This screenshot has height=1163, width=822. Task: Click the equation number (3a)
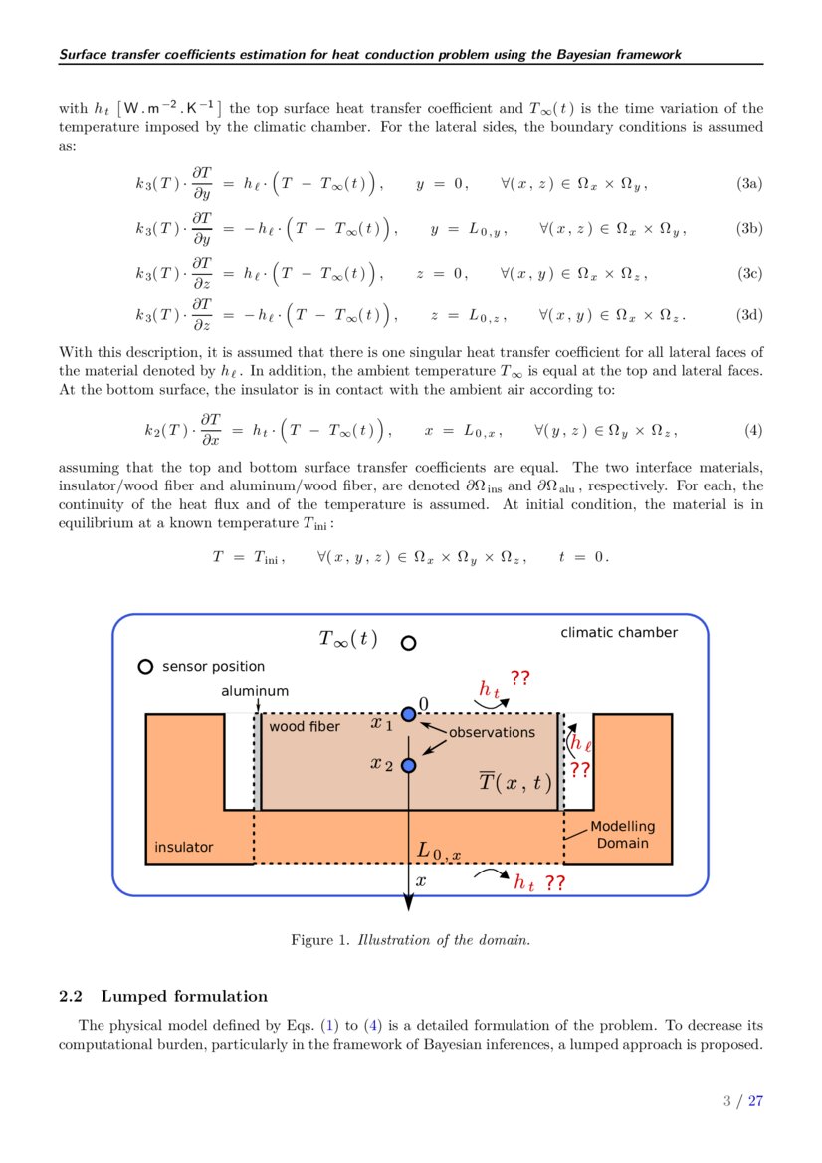pos(749,184)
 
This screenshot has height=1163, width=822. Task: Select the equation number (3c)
pos(749,273)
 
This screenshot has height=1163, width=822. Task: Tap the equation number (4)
pos(753,431)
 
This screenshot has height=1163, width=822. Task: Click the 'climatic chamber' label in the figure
pos(618,633)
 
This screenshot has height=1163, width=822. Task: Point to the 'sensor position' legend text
pos(213,667)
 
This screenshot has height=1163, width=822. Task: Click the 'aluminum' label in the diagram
pos(255,691)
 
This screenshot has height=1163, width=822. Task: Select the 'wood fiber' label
pos(305,727)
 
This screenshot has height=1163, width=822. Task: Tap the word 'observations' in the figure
pos(492,732)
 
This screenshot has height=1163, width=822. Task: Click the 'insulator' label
pos(184,848)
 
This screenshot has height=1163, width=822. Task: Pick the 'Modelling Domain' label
pos(623,835)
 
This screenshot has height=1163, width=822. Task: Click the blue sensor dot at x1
pos(408,714)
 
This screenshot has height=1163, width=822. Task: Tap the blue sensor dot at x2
pos(408,765)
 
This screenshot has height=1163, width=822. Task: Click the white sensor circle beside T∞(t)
pos(408,643)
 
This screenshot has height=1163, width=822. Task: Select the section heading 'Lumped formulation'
pos(184,996)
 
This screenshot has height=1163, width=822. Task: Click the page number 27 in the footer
pos(756,1101)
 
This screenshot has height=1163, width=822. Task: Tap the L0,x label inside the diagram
pos(439,852)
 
